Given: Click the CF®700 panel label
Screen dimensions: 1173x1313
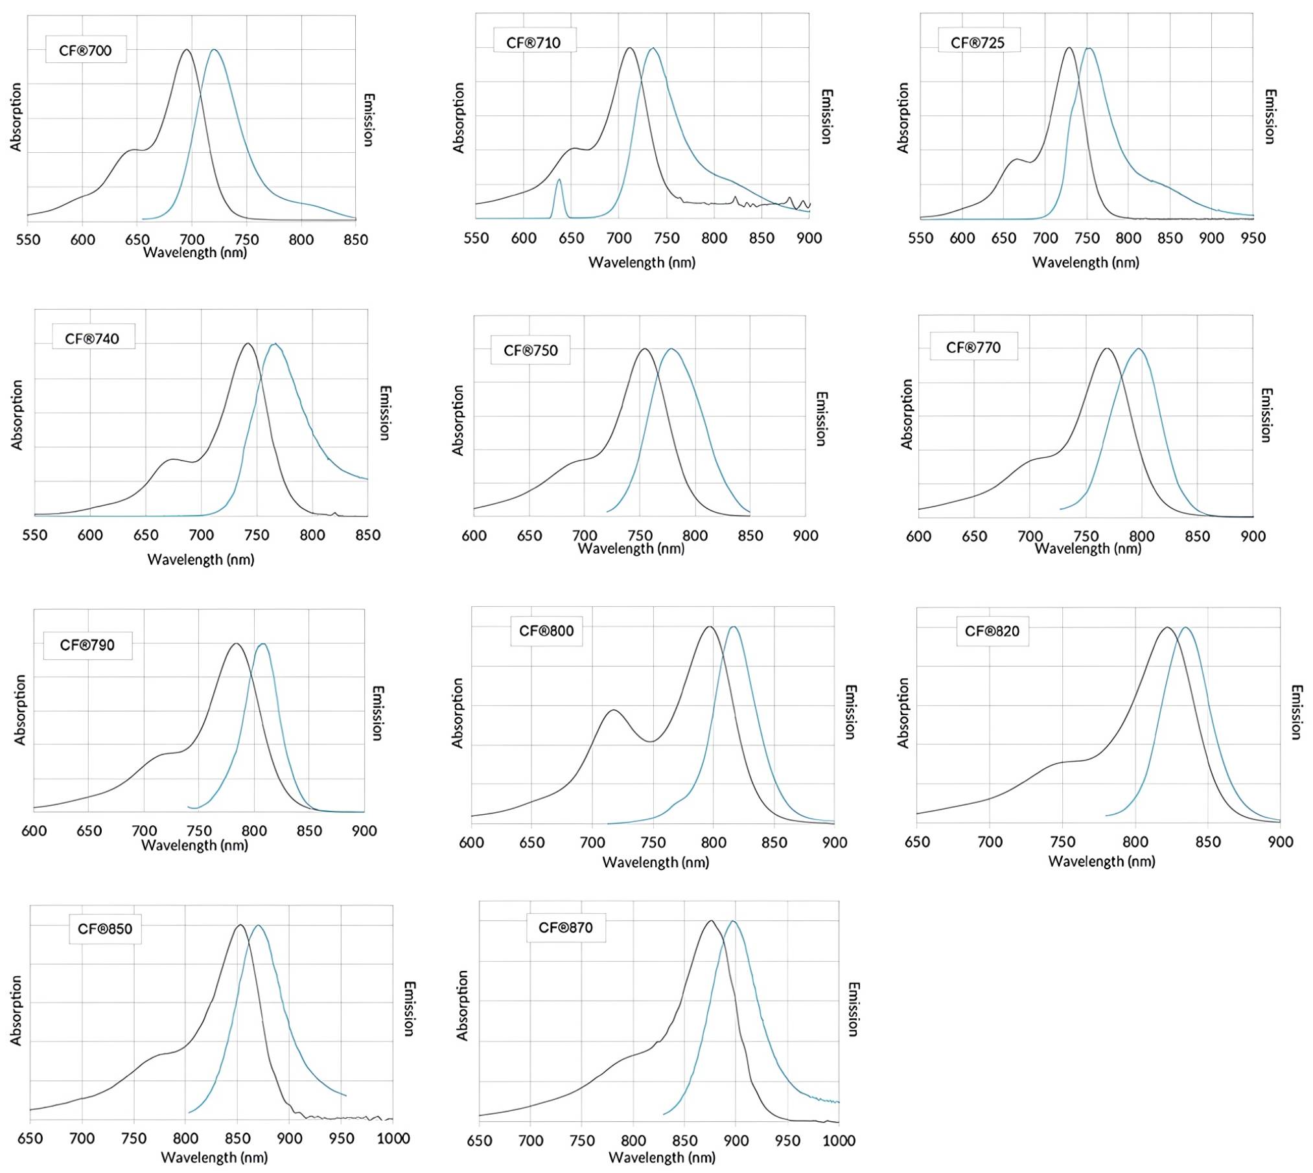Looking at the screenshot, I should point(86,50).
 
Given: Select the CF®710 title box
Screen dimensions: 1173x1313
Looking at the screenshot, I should point(534,42).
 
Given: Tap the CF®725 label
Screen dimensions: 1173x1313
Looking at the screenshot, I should point(978,42).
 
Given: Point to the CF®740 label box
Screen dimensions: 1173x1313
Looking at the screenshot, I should point(93,338).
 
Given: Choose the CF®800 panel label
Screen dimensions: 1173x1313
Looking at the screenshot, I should point(546,631).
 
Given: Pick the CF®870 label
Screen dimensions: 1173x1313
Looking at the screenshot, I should point(566,928).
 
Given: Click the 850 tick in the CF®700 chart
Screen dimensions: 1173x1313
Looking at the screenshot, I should point(355,240).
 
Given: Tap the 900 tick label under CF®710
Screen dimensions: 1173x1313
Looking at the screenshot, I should point(809,238).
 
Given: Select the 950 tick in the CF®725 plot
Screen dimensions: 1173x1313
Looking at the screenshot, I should point(1253,238).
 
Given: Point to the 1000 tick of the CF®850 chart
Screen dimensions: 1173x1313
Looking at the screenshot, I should point(393,1138).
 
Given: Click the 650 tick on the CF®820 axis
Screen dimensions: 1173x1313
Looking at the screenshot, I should point(917,842).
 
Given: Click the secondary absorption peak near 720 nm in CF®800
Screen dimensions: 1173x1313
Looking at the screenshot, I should point(613,711).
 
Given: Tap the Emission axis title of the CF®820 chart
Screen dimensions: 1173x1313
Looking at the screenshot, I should point(1296,712).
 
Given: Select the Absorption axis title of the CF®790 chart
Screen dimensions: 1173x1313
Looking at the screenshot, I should point(20,710).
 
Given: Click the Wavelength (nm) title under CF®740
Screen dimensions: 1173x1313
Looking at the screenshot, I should point(201,560).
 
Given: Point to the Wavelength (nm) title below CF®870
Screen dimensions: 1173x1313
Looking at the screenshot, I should point(662,1157).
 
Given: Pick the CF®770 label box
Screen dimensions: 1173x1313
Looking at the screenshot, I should point(973,347).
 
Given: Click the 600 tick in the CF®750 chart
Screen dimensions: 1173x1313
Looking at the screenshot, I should point(474,536).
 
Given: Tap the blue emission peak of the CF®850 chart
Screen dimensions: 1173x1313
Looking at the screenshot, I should point(259,926).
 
